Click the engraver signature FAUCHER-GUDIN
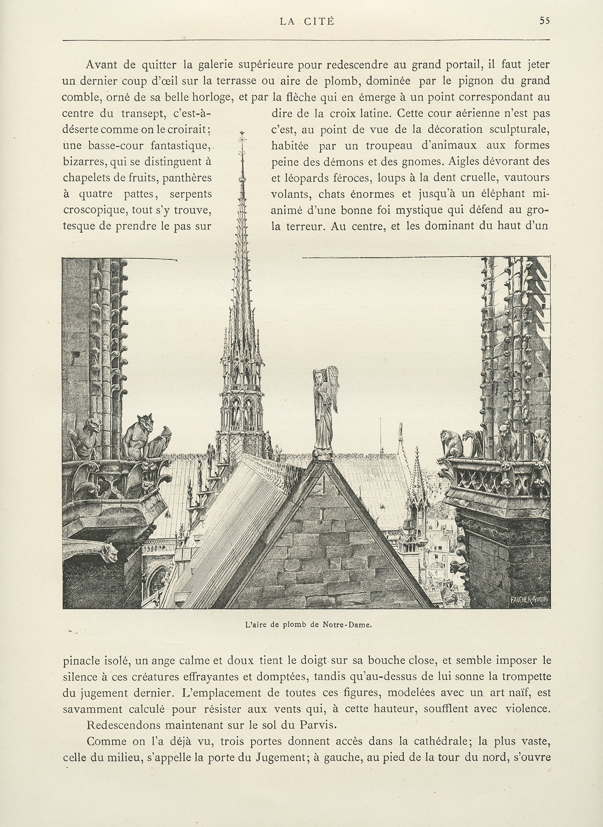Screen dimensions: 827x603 (x=528, y=599)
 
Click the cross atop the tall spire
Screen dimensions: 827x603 (x=242, y=138)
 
